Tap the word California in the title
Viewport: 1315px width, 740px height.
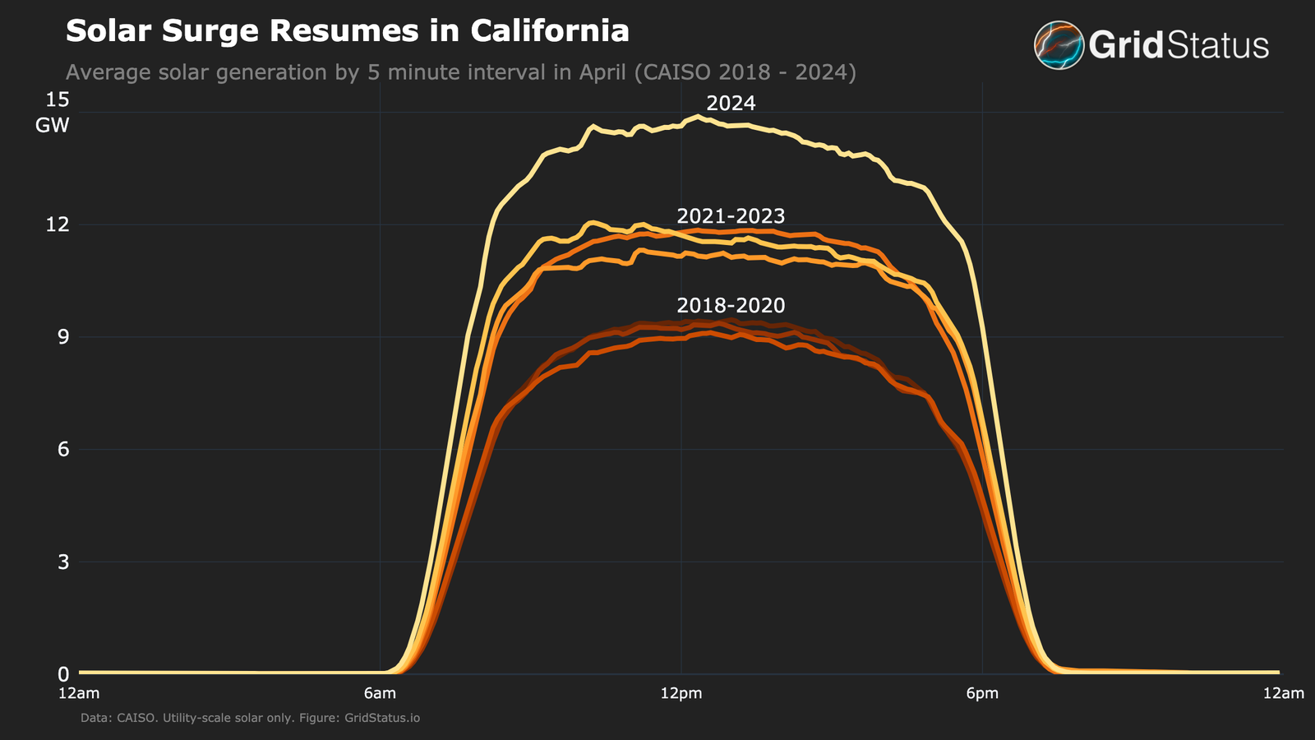coord(550,31)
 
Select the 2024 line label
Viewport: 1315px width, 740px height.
coord(731,104)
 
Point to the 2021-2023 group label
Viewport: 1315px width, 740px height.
coord(731,216)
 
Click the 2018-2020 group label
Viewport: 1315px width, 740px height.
coord(731,306)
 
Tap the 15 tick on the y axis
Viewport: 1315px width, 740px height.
coord(58,100)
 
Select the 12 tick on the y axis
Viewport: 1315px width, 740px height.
coord(58,224)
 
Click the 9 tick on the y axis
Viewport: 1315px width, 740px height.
coord(62,337)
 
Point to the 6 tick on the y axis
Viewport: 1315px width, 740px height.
coord(62,450)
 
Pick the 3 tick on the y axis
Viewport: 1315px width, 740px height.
coord(62,562)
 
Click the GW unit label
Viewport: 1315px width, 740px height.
coord(53,126)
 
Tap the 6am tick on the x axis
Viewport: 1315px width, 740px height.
coord(380,693)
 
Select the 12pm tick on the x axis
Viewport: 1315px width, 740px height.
coord(681,693)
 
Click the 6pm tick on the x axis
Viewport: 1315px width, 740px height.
coord(982,693)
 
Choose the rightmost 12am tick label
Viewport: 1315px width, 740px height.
coord(1283,693)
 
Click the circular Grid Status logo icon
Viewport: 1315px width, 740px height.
coord(1059,45)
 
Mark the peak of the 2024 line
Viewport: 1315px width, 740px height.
coord(699,117)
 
